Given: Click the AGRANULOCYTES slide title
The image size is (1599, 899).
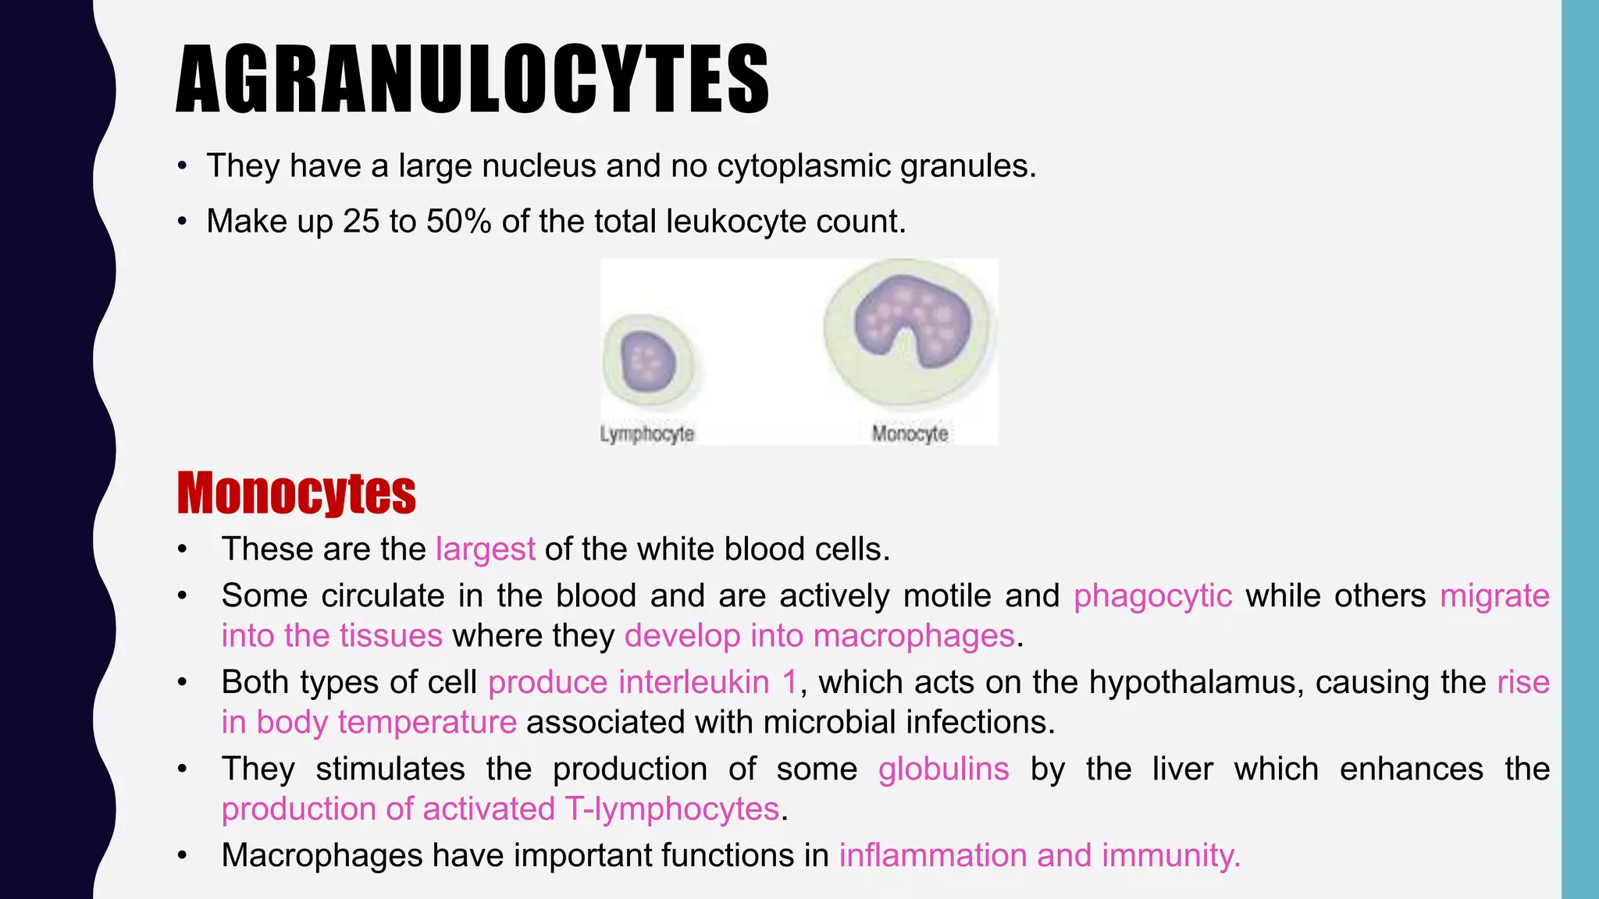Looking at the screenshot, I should (472, 80).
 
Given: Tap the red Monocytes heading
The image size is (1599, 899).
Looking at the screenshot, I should (297, 493).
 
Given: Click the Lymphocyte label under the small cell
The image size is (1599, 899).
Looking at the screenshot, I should (646, 434).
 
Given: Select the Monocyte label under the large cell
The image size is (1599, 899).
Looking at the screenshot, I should (910, 434).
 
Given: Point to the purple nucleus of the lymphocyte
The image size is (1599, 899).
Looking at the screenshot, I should (647, 361).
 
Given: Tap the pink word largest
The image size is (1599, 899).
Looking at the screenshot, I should (485, 549).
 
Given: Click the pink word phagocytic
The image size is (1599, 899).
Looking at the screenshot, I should (1152, 596).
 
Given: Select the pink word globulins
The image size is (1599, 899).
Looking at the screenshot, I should (943, 769).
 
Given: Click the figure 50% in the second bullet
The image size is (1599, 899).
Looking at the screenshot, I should (458, 222).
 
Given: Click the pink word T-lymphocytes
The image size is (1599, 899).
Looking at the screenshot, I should (671, 809).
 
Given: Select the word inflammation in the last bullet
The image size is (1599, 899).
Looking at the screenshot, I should (933, 856).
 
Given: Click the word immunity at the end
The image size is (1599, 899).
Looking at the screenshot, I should (1170, 856).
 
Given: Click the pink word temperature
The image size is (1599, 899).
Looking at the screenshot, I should (426, 723).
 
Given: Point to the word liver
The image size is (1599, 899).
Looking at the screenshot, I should (1182, 769).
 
